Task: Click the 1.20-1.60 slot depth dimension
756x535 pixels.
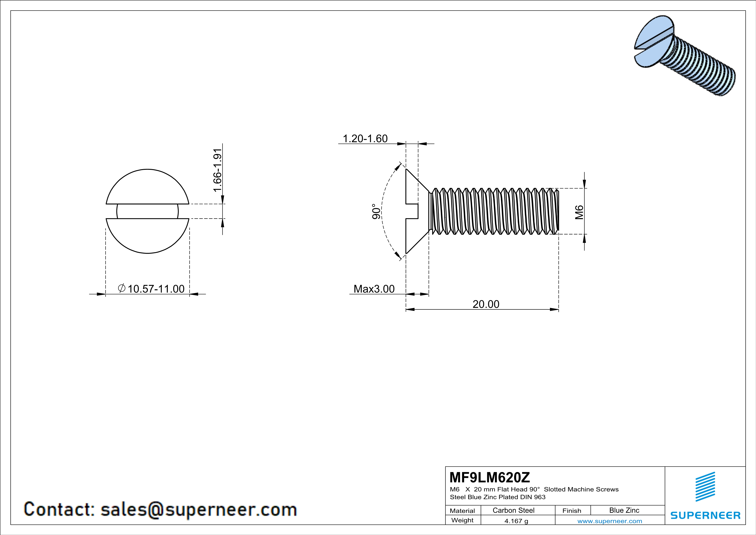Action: [365, 139]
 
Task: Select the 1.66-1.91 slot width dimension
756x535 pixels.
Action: [217, 170]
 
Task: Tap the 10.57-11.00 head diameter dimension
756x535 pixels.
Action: [152, 289]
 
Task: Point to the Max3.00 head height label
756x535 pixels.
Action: [374, 289]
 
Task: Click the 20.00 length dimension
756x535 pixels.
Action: [486, 304]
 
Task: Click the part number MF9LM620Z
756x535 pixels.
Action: [490, 477]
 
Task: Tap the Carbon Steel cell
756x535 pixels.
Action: [513, 510]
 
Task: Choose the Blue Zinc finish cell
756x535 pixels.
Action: [624, 510]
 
